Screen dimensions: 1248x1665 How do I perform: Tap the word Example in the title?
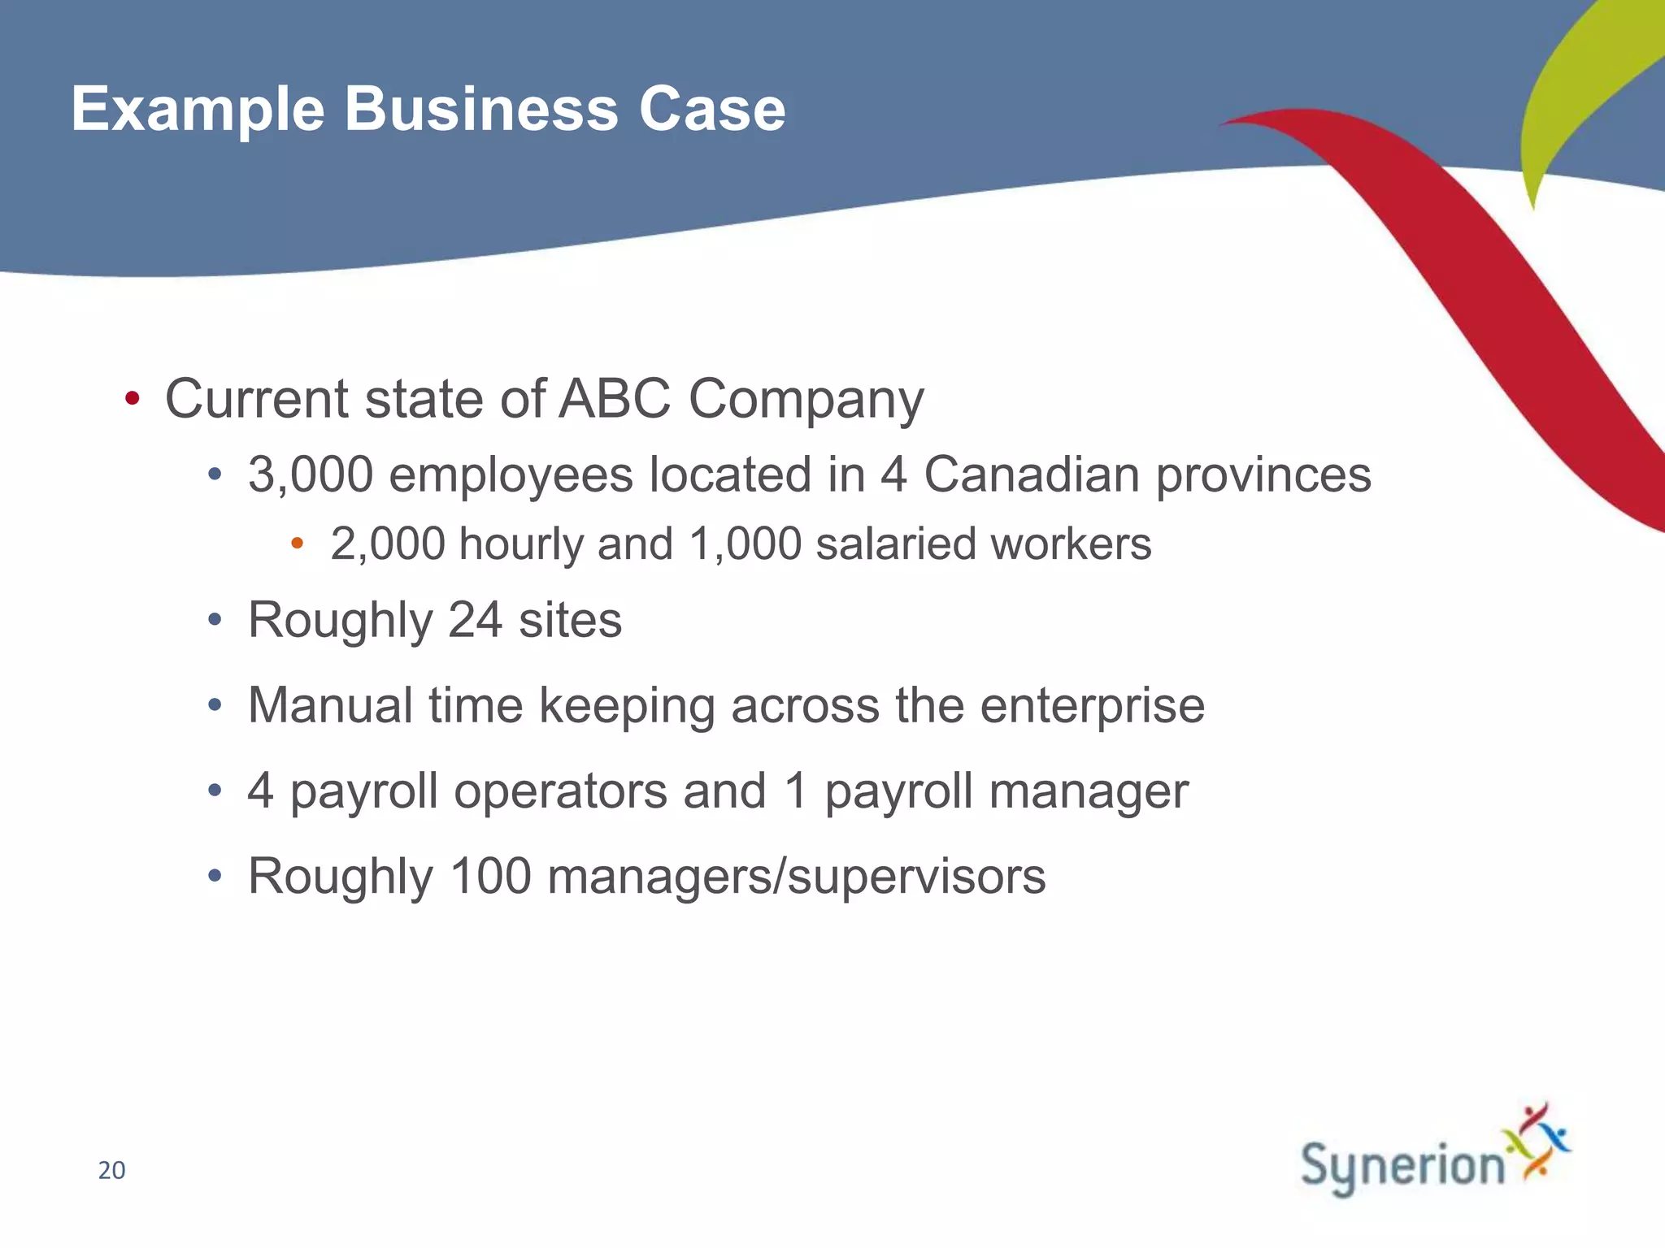198,109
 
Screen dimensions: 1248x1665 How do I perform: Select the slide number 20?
111,1171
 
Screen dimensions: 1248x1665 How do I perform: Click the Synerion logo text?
1402,1167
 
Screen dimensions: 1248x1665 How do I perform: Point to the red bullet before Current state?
133,399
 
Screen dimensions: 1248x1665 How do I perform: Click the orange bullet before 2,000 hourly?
298,543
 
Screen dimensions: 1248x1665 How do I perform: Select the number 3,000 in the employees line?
310,474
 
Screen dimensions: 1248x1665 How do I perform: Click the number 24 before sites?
475,621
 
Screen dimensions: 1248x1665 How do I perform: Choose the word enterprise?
1092,706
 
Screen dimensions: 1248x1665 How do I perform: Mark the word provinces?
1263,476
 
